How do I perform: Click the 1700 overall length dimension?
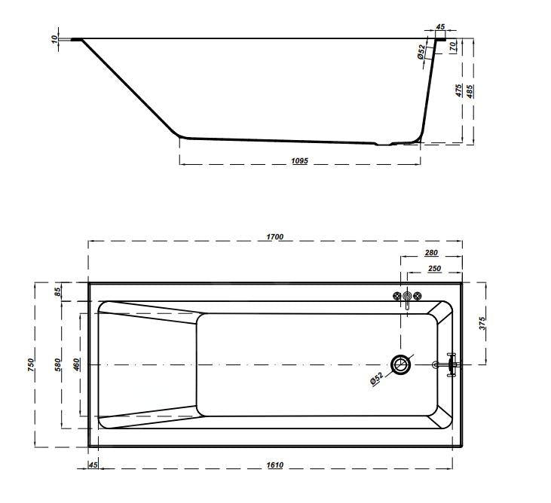(274, 236)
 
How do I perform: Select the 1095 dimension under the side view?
(299, 161)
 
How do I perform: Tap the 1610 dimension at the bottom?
(274, 465)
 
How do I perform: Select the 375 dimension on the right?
(482, 323)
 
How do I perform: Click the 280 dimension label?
(431, 254)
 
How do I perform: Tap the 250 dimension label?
(434, 268)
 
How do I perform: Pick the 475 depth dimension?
(458, 90)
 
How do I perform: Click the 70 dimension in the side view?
(453, 46)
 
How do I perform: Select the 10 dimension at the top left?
(55, 39)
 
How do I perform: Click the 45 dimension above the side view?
(440, 26)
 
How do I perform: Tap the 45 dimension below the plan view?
(93, 465)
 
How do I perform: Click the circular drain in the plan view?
(401, 365)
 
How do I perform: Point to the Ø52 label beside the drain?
(378, 379)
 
